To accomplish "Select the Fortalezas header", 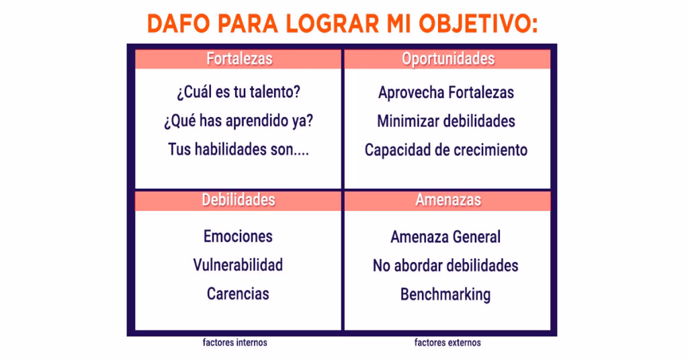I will point(239,59).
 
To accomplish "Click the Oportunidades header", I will point(447,59).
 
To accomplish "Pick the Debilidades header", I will point(239,200).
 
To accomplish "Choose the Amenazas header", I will point(447,200).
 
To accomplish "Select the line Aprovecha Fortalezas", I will point(446,93).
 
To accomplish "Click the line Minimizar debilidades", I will point(446,121).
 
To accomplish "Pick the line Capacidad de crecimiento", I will point(446,150).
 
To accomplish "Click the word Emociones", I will point(238,236).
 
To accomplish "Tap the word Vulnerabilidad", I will point(238,265).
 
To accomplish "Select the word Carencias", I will point(238,294).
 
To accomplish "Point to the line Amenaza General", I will point(445,237).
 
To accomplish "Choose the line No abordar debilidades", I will point(445,265).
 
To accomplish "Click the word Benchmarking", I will point(445,294).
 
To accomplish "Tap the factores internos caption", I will point(235,343).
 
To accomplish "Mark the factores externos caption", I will point(447,343).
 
